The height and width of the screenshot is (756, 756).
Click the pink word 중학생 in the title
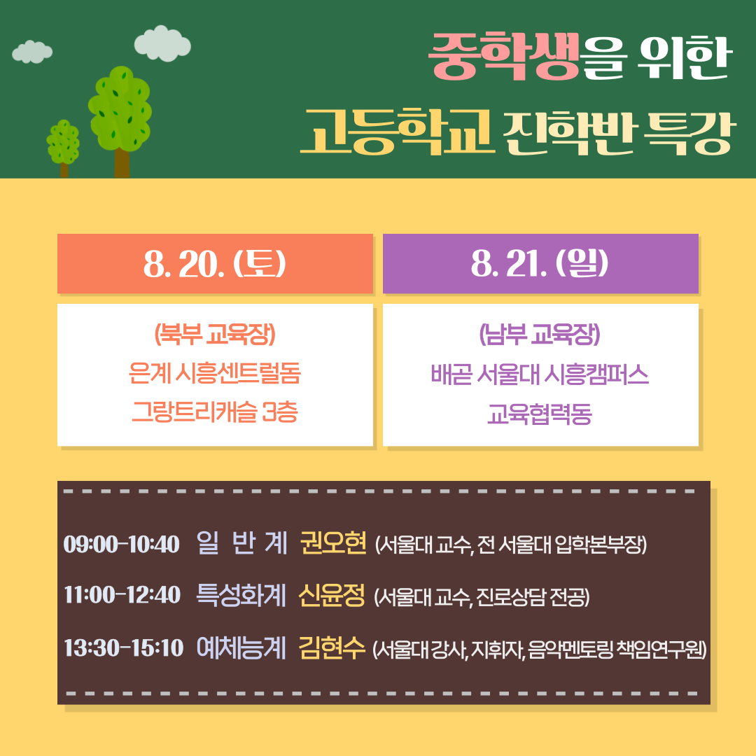[x=504, y=56]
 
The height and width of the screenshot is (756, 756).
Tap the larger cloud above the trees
[x=162, y=43]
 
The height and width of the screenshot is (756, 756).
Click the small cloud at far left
[x=31, y=52]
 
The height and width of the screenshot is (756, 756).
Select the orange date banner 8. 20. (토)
[x=215, y=264]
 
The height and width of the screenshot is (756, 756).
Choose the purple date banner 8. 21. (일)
[x=540, y=264]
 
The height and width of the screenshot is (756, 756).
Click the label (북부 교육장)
[x=215, y=334]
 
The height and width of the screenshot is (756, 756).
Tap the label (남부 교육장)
[x=540, y=334]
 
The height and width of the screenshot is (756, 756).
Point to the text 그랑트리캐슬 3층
[x=215, y=412]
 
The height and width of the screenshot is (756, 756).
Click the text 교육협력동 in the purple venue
[x=540, y=413]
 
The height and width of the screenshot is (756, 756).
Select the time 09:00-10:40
[x=122, y=545]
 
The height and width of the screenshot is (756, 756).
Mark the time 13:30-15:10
[x=123, y=647]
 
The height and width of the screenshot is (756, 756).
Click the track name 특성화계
[x=241, y=594]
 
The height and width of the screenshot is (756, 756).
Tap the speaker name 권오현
[x=333, y=543]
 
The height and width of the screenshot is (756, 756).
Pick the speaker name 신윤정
[x=332, y=594]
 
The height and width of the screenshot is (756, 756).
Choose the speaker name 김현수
[x=332, y=647]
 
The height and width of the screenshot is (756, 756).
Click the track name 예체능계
[x=241, y=647]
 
